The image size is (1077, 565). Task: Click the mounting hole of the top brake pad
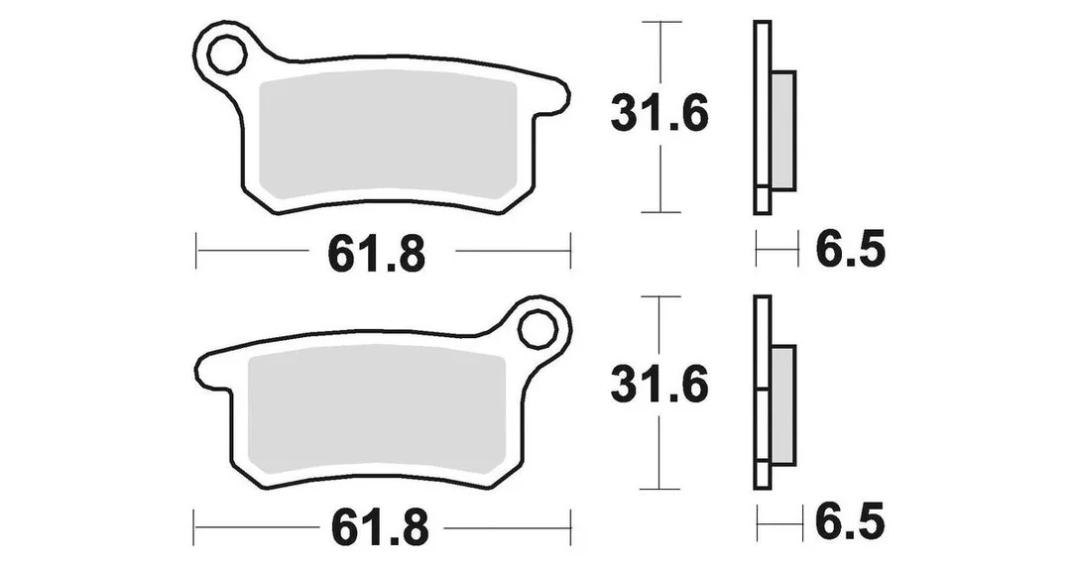(227, 55)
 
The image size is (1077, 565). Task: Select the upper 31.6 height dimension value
(659, 114)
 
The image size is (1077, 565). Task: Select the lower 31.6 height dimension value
(659, 386)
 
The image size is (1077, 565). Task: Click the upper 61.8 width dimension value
(377, 254)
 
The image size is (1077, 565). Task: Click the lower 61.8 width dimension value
(380, 527)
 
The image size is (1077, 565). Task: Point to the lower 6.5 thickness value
(850, 522)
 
